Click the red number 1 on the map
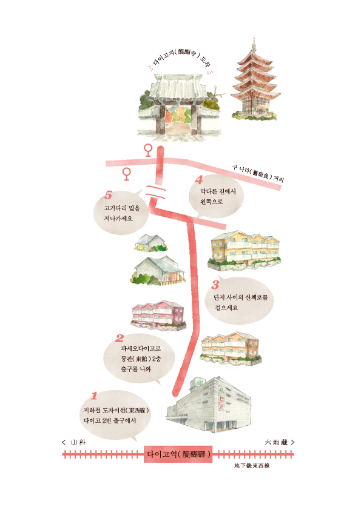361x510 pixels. click(x=94, y=396)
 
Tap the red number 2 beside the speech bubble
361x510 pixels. click(x=120, y=339)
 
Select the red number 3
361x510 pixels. click(x=215, y=285)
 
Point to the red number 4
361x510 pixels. click(x=199, y=180)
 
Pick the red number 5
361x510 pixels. click(x=108, y=196)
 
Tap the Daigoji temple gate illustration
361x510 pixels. click(x=179, y=107)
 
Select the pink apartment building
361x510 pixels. click(x=159, y=315)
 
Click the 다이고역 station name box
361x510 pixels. click(x=178, y=454)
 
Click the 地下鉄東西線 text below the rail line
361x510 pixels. click(x=252, y=466)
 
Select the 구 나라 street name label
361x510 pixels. click(x=258, y=173)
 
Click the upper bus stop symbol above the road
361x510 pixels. click(x=148, y=151)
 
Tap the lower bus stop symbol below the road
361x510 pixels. click(x=126, y=174)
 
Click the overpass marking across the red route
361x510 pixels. click(x=155, y=192)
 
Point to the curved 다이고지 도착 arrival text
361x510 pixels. click(x=180, y=59)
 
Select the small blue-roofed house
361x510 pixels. click(x=150, y=243)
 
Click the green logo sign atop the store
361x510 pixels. click(x=197, y=383)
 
